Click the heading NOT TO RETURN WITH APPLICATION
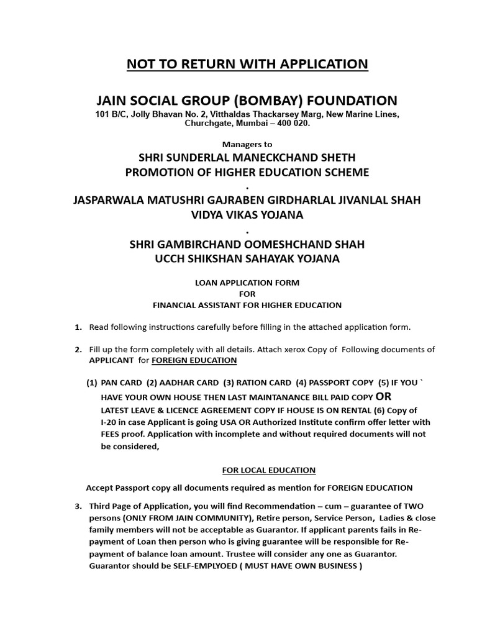tap(247, 64)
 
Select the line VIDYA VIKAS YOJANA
tap(247, 215)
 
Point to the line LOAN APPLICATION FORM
tap(247, 283)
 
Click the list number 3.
tap(78, 507)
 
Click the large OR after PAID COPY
tap(384, 396)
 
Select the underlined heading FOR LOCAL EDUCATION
tap(268, 470)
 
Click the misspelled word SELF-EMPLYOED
tap(202, 566)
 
